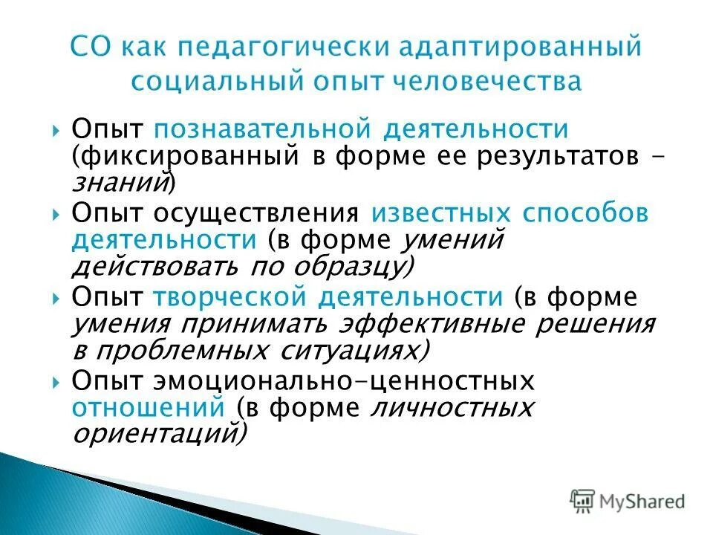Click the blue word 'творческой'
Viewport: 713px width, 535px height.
231,297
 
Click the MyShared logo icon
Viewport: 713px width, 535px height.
582,500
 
